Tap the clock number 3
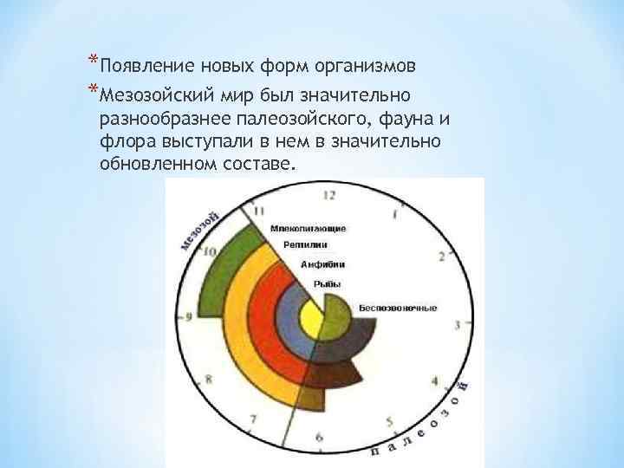pyautogui.click(x=457, y=324)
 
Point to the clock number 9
pyautogui.click(x=189, y=317)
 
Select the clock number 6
pyautogui.click(x=320, y=438)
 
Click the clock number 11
pyautogui.click(x=260, y=211)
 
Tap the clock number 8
pyautogui.click(x=208, y=380)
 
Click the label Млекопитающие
pyautogui.click(x=309, y=228)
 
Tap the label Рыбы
pyautogui.click(x=327, y=283)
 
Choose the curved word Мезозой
pyautogui.click(x=198, y=227)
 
